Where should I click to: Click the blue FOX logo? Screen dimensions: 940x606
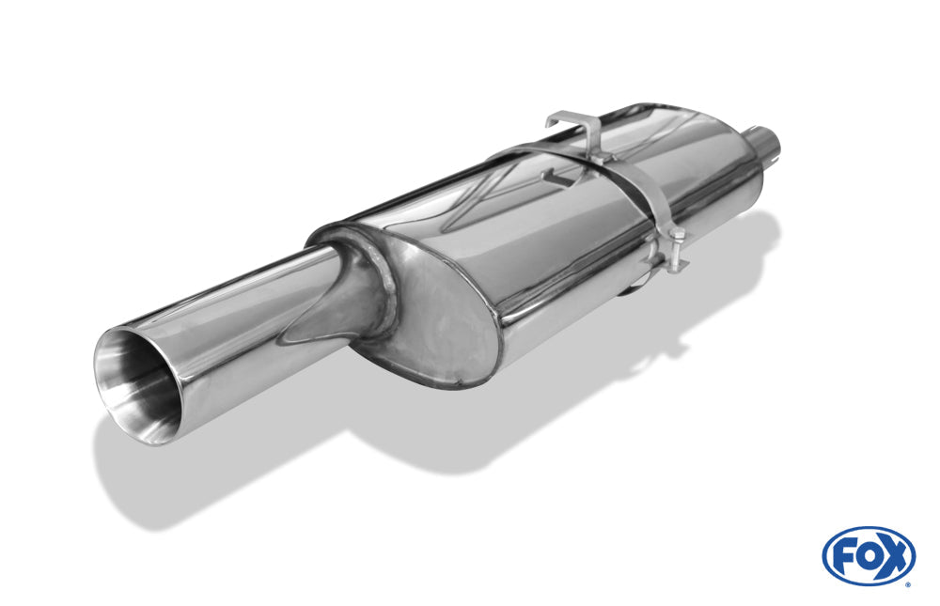click(869, 555)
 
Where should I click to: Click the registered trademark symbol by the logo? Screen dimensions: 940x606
click(908, 584)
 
